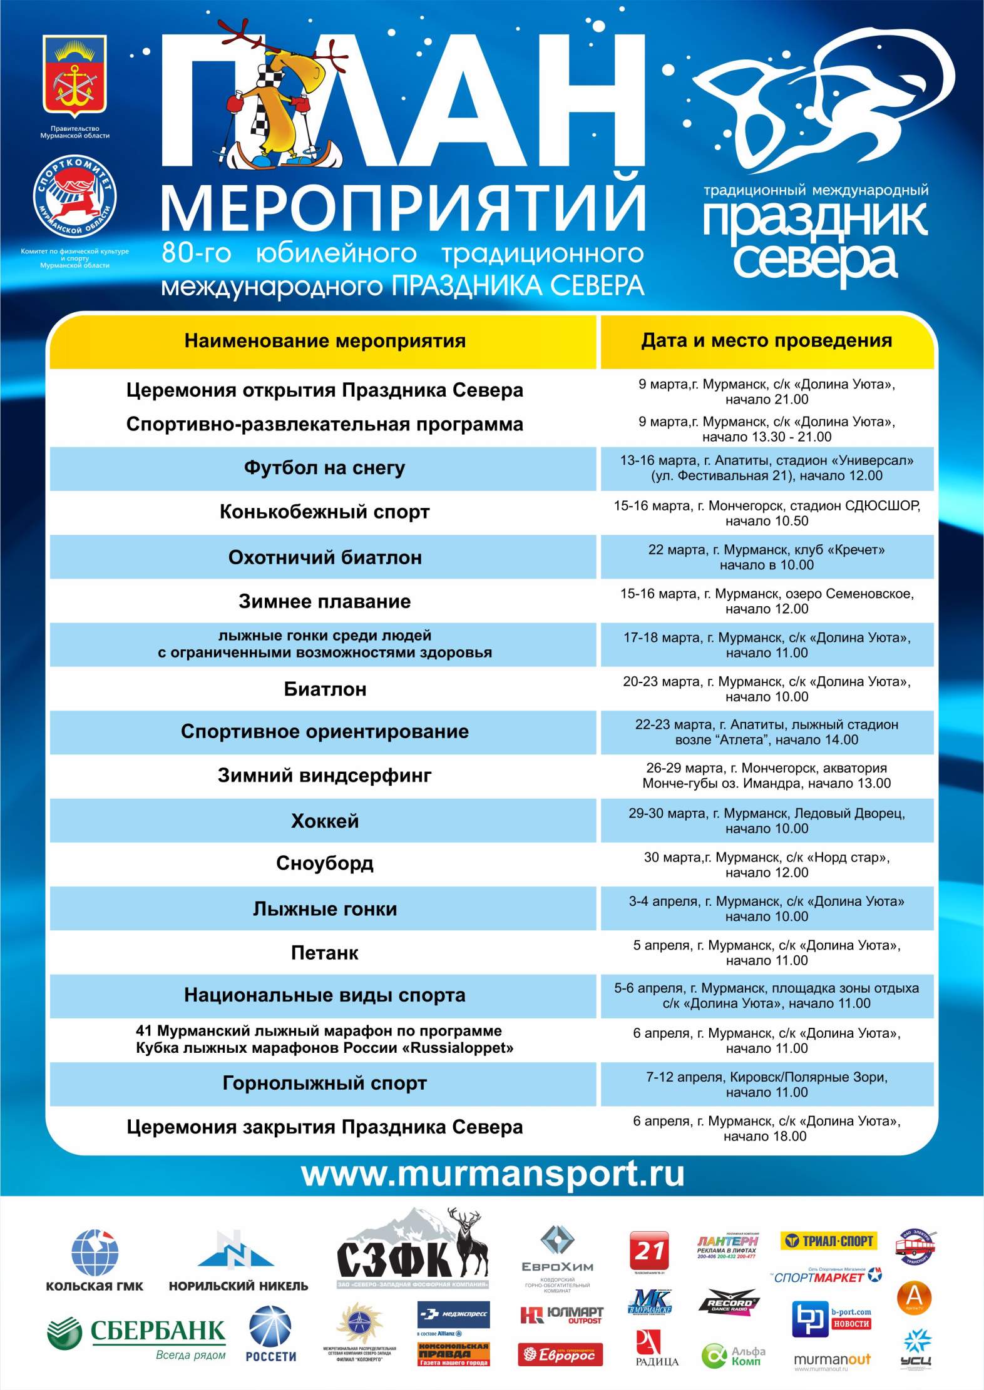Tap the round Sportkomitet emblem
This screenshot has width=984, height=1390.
click(74, 199)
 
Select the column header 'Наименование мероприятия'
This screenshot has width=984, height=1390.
click(325, 341)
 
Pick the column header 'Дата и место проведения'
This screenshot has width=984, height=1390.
click(766, 341)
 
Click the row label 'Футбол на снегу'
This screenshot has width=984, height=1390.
click(324, 468)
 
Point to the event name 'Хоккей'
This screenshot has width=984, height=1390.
click(324, 820)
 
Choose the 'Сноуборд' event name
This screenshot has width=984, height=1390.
click(324, 863)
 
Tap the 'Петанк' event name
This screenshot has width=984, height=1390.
click(324, 952)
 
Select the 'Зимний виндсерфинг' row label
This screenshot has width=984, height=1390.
click(324, 776)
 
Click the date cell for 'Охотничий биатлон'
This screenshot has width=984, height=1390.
click(766, 557)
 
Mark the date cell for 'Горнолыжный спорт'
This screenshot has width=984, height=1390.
click(766, 1084)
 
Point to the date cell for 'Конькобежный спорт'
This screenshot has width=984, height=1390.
click(766, 513)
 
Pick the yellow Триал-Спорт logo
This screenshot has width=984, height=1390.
click(828, 1240)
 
